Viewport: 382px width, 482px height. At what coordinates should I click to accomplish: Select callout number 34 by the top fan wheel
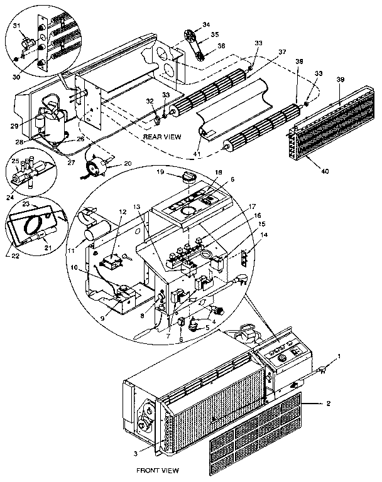click(205, 25)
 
